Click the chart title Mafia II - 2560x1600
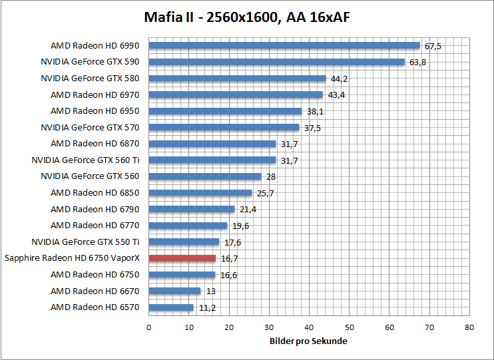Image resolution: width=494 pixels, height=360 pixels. pyautogui.click(x=247, y=17)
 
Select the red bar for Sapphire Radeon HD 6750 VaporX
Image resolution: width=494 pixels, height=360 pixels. pyautogui.click(x=182, y=258)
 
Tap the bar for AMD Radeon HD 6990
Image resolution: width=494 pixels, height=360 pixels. pyautogui.click(x=284, y=46)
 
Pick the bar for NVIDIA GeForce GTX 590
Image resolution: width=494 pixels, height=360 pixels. pyautogui.click(x=277, y=62)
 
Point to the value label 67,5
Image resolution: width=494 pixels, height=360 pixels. pyautogui.click(x=433, y=47)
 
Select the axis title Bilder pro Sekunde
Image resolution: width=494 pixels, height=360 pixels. pyautogui.click(x=309, y=341)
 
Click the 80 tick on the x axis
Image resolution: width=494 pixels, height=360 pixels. pyautogui.click(x=469, y=327)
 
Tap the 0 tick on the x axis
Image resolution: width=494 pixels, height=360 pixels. pyautogui.click(x=149, y=327)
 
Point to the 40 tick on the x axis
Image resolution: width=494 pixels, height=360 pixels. pyautogui.click(x=309, y=327)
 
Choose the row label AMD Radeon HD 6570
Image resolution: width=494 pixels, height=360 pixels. pyautogui.click(x=95, y=307)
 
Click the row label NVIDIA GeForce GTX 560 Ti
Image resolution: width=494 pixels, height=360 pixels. pyautogui.click(x=90, y=160)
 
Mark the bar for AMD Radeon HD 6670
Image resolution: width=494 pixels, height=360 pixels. pyautogui.click(x=174, y=291)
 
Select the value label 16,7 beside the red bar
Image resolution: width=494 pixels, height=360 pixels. pyautogui.click(x=230, y=259)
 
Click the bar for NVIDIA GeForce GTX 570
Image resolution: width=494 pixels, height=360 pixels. pyautogui.click(x=224, y=127)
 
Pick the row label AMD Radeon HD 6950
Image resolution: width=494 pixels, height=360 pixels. pyautogui.click(x=95, y=111)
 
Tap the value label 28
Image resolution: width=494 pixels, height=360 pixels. pyautogui.click(x=272, y=177)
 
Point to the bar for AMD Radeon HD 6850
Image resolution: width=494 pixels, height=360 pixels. pyautogui.click(x=200, y=193)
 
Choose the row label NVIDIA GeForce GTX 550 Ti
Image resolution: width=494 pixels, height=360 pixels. pyautogui.click(x=90, y=242)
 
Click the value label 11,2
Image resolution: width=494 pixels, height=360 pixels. pyautogui.click(x=208, y=308)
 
